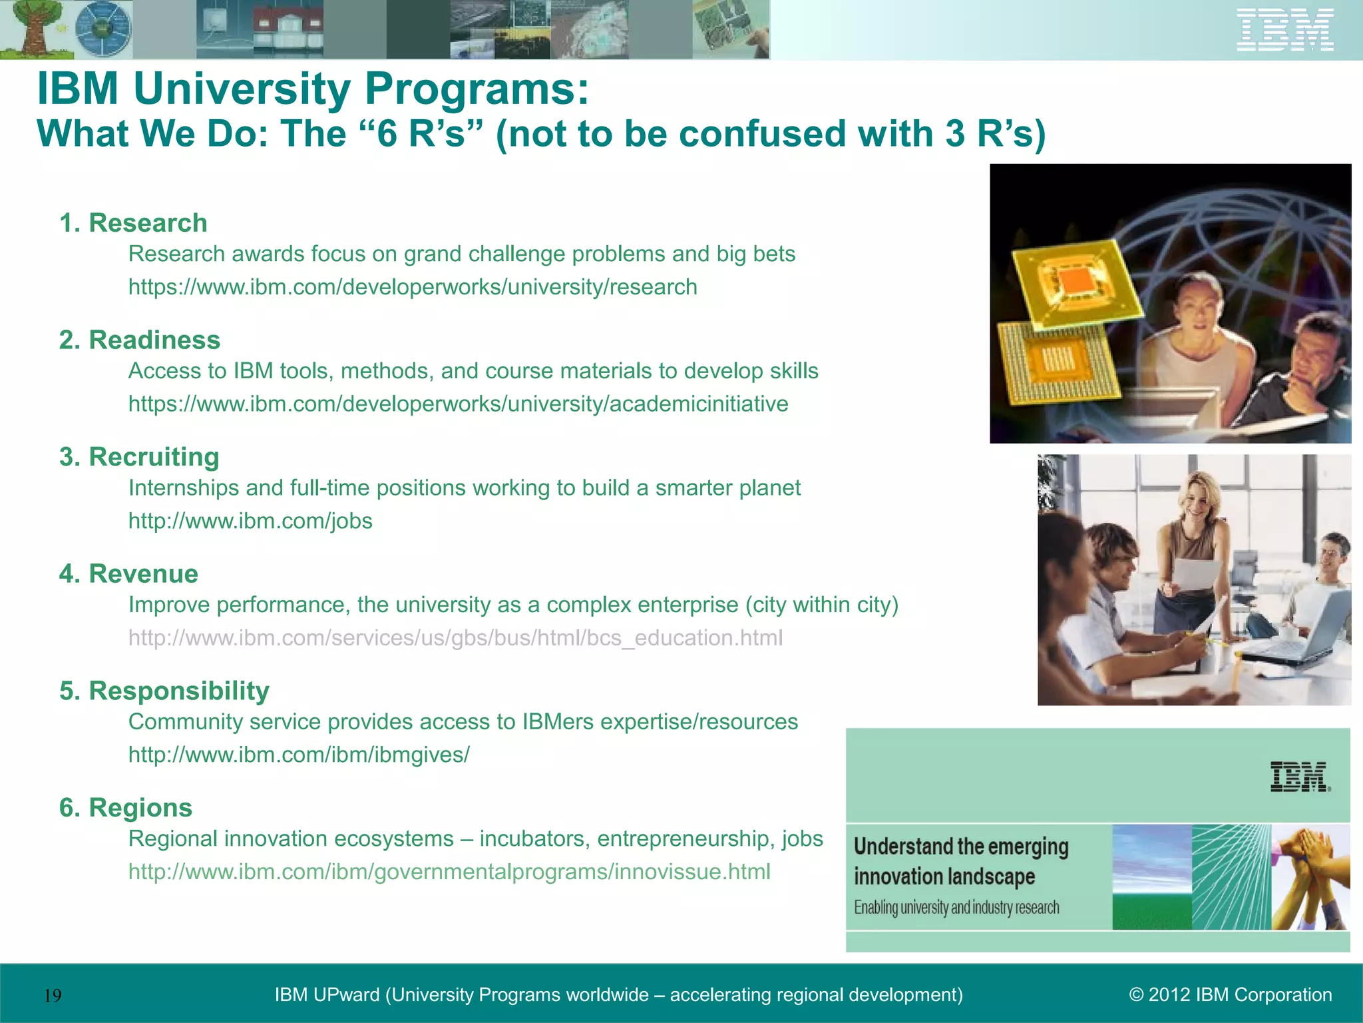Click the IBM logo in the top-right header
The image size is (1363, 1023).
(1284, 30)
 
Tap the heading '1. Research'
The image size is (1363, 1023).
(133, 223)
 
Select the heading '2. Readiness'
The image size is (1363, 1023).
(140, 340)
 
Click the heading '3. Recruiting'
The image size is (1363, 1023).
(139, 457)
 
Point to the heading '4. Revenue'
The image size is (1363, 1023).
(128, 574)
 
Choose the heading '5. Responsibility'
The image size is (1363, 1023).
(164, 691)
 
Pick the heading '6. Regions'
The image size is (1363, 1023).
(126, 808)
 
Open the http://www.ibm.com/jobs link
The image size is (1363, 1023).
(250, 521)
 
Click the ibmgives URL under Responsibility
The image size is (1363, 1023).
(299, 755)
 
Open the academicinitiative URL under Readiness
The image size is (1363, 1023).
(458, 404)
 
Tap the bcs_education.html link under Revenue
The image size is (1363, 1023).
(455, 638)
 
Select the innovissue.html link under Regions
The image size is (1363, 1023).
(449, 872)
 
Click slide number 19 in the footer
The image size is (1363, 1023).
(53, 996)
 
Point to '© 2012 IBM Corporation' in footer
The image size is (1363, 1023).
(1231, 995)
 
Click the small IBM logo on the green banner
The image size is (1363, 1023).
(1300, 777)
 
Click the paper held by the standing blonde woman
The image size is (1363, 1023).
(1195, 574)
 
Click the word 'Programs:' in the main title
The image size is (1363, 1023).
(477, 89)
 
